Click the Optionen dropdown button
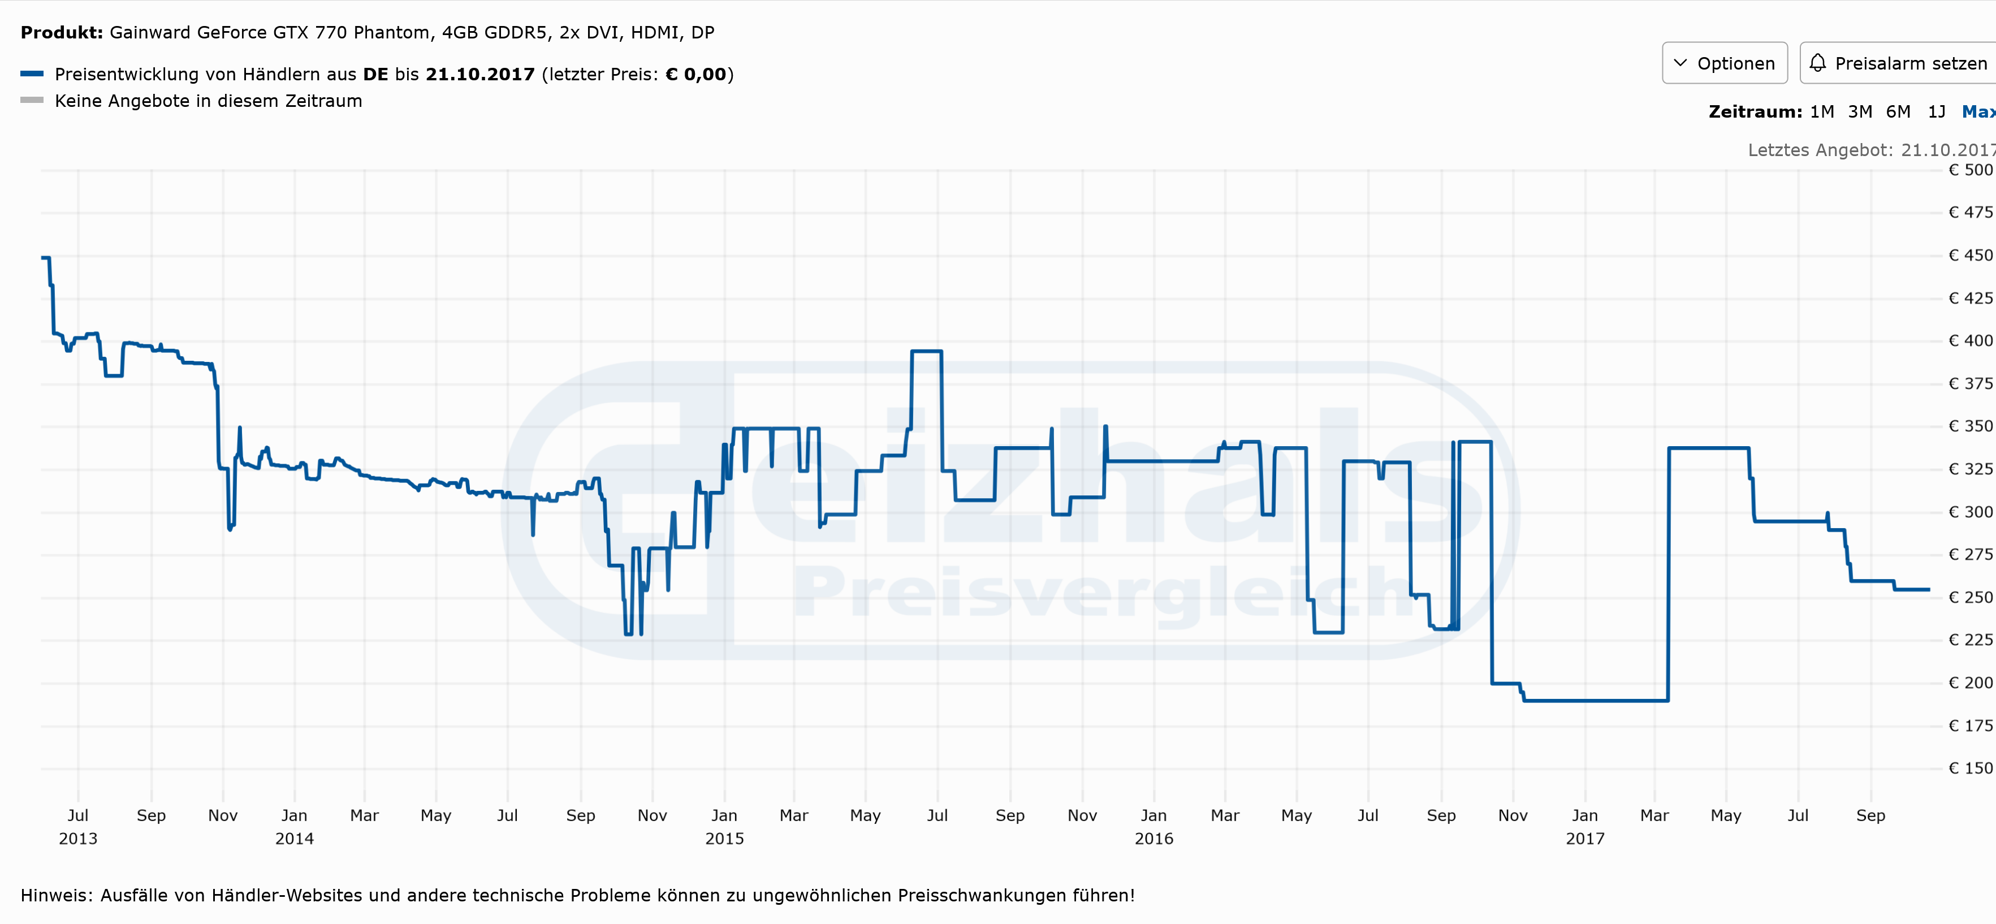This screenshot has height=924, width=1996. tap(1724, 63)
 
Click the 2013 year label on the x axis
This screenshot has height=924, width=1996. tap(78, 839)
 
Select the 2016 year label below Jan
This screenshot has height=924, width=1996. tap(1153, 839)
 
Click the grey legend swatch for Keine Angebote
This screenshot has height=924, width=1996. tap(32, 101)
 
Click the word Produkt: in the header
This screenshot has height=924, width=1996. tap(61, 33)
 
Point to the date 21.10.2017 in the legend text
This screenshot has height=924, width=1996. tap(479, 75)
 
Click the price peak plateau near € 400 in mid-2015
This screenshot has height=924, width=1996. tap(927, 352)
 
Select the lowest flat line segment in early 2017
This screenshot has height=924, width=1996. tap(1596, 701)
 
